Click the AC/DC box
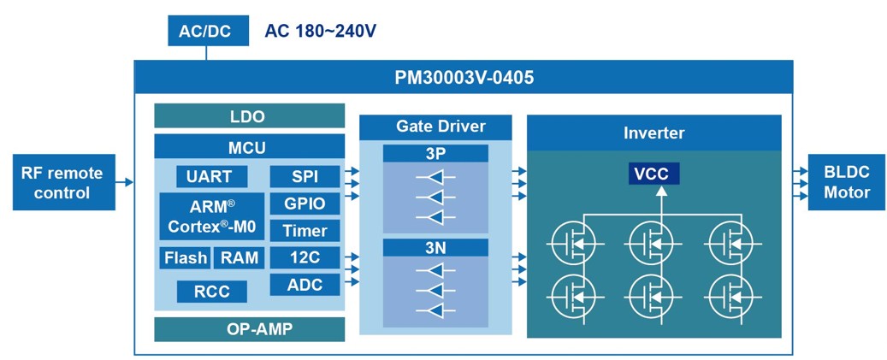pos(206,31)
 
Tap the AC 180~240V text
pos(321,32)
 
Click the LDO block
pos(249,116)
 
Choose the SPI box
pos(305,177)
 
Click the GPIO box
pos(305,204)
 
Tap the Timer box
pos(305,231)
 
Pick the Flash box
pos(185,257)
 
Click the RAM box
pos(238,257)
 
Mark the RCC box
pos(211,291)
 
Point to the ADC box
pos(305,284)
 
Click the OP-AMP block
pos(249,329)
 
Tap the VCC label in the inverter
pos(651,174)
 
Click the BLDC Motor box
pos(846,182)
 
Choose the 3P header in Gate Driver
pos(435,154)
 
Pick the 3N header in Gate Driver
pos(435,247)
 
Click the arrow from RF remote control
pos(123,182)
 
